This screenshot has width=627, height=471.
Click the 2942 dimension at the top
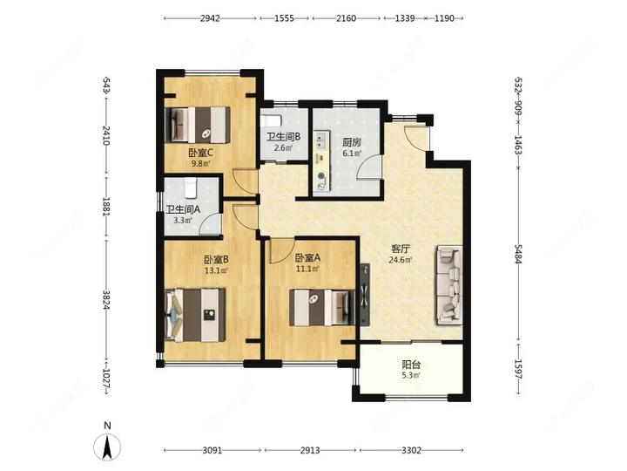point(210,18)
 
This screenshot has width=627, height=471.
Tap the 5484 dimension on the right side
point(518,254)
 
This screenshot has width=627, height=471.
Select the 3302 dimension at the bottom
point(411,450)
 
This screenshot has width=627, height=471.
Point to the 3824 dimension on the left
point(106,299)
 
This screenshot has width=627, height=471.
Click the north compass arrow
point(107,447)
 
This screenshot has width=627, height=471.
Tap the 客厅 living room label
point(401,249)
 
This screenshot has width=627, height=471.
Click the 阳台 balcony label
point(411,365)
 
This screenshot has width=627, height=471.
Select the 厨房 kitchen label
point(352,142)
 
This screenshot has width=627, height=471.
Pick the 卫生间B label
point(284,137)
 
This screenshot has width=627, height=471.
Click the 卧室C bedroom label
point(201,153)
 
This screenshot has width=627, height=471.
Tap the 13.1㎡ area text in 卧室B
point(216,270)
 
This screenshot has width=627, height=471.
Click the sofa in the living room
point(449,285)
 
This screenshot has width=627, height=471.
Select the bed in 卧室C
point(198,125)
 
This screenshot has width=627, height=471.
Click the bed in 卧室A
point(322,308)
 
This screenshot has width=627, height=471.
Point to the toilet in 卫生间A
point(191,188)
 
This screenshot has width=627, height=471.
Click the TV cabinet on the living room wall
point(365,295)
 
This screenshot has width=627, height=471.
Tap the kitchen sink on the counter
point(320,140)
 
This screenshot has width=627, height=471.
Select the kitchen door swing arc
point(367,167)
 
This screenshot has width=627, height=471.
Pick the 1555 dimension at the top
point(284,18)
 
